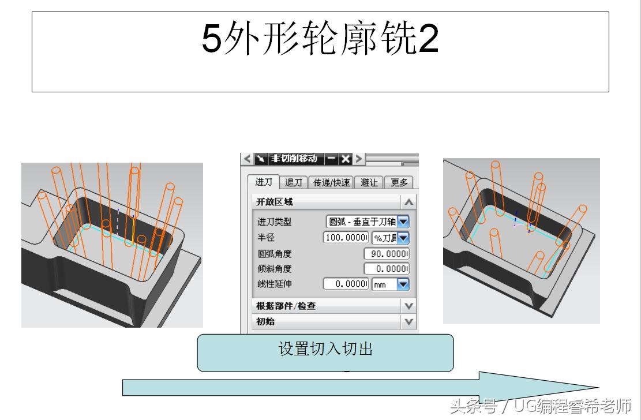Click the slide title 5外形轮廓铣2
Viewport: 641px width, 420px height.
pyautogui.click(x=320, y=40)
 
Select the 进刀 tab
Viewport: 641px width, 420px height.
pyautogui.click(x=264, y=182)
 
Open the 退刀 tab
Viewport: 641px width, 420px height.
pyautogui.click(x=294, y=182)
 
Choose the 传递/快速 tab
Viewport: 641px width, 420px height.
pyautogui.click(x=331, y=182)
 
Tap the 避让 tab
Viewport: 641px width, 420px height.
pyautogui.click(x=369, y=182)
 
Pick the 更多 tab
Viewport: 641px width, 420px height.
pyautogui.click(x=399, y=182)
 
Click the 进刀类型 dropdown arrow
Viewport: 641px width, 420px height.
pyautogui.click(x=403, y=221)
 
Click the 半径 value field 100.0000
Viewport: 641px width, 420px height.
pyautogui.click(x=346, y=238)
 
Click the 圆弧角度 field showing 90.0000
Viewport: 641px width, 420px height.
pyautogui.click(x=387, y=254)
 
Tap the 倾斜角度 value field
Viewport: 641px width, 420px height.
pyautogui.click(x=387, y=269)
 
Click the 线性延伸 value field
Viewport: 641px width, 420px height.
pyautogui.click(x=346, y=284)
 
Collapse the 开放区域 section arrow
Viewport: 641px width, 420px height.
pyautogui.click(x=408, y=202)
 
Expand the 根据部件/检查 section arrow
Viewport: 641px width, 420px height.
pyautogui.click(x=408, y=306)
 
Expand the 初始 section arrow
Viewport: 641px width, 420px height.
pyautogui.click(x=408, y=321)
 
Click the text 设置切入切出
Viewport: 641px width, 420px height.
pyautogui.click(x=325, y=349)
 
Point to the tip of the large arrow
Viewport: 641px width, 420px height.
pyautogui.click(x=597, y=387)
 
